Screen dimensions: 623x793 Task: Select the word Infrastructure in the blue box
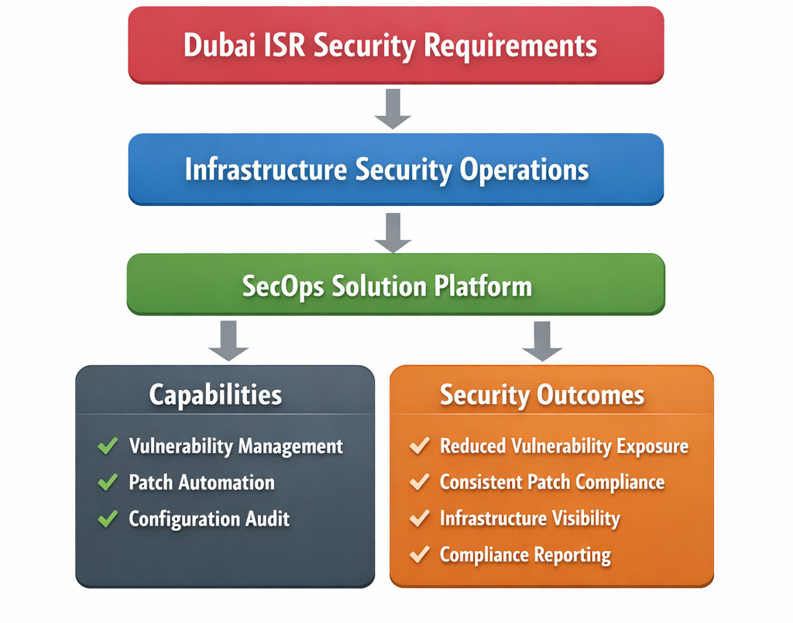tap(266, 169)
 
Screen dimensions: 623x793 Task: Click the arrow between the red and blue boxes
tap(393, 108)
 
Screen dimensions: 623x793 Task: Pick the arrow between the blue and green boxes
tap(393, 231)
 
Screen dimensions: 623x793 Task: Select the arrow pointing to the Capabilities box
tap(228, 340)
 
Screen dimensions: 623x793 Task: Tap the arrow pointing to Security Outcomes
tap(542, 340)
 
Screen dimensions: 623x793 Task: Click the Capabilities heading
tap(215, 395)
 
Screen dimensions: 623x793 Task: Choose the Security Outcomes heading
tap(542, 395)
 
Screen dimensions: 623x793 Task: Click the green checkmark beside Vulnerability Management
tap(108, 447)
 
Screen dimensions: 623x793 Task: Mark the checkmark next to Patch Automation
tap(108, 483)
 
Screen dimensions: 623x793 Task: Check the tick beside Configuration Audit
tap(108, 519)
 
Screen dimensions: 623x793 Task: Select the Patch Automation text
tap(201, 483)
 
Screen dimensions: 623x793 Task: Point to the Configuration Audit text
tap(209, 519)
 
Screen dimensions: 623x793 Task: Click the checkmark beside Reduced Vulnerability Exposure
tap(419, 447)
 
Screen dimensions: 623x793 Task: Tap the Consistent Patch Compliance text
tap(551, 482)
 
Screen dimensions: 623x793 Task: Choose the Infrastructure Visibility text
tap(530, 519)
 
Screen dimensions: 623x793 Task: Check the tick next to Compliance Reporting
tap(419, 555)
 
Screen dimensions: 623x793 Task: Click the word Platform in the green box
tap(482, 286)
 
